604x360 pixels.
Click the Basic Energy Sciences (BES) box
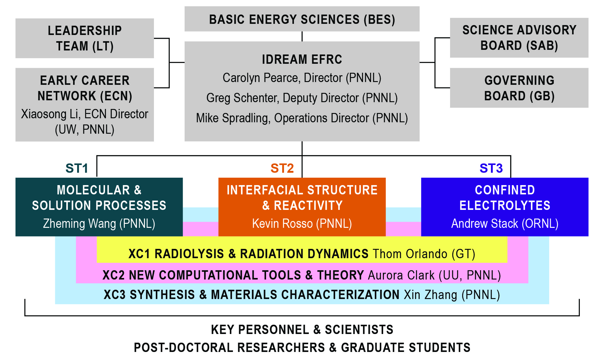[302, 19]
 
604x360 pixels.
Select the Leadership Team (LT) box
[85, 38]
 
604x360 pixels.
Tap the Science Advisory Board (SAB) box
[519, 38]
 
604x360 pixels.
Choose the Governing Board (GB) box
[519, 88]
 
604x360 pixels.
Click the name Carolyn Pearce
[261, 78]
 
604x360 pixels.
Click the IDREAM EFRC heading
[302, 59]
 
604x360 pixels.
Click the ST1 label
[77, 168]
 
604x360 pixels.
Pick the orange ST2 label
[282, 168]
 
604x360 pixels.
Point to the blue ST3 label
[491, 168]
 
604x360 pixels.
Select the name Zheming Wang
[79, 223]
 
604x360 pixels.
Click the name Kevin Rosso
[282, 223]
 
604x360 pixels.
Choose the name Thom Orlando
[410, 254]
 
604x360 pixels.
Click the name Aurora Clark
[401, 275]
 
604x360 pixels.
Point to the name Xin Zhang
[430, 295]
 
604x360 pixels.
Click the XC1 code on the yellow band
[139, 254]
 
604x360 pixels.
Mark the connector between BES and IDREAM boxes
[302, 36]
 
